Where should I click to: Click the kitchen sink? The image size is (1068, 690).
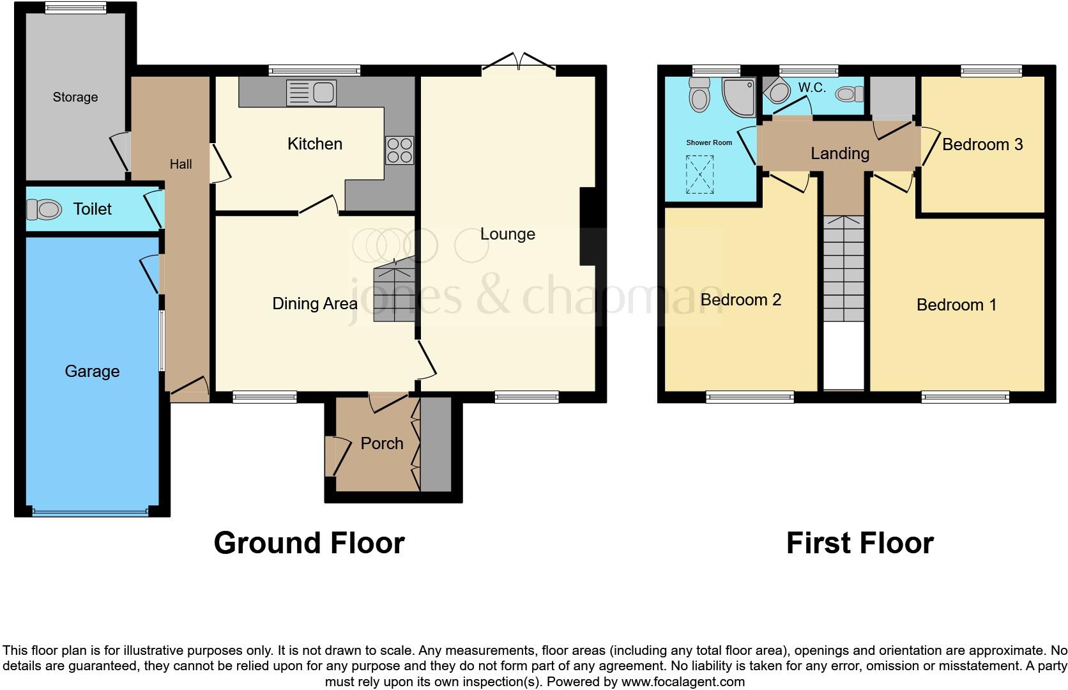312,93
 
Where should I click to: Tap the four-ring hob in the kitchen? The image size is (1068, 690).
399,150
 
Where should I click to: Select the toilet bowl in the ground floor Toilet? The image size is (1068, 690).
44,209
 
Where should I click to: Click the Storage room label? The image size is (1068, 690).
75,97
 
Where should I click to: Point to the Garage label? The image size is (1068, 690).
92,371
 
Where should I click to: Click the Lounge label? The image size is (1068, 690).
507,234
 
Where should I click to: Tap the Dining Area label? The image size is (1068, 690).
314,303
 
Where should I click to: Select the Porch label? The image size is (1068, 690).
382,443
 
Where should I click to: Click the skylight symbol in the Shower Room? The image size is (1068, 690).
699,174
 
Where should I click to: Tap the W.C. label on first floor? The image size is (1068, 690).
812,88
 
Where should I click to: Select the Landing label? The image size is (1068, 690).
840,153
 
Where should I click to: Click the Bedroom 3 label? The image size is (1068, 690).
982,144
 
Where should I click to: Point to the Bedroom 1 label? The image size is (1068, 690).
956,305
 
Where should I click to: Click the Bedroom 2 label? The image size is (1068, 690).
741,300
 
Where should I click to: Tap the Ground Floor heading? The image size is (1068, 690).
309,543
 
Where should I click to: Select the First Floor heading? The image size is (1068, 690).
860,543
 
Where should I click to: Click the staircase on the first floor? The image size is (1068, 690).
843,268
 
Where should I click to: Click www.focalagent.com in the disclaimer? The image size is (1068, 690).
682,682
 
